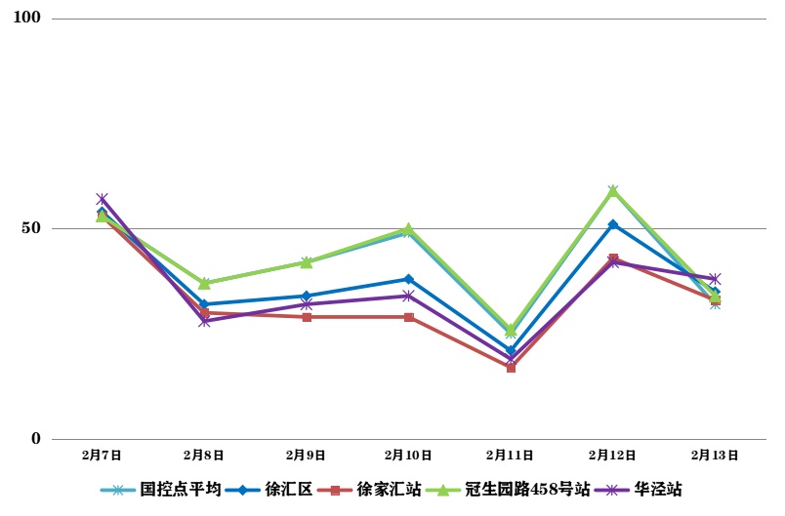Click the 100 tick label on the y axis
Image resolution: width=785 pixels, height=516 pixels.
coord(27,19)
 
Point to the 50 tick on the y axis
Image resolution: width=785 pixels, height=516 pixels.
coord(32,228)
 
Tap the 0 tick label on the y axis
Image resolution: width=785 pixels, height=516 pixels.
coord(36,439)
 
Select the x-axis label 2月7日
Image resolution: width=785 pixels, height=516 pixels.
coord(102,455)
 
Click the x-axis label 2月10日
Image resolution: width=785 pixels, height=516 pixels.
coord(408,455)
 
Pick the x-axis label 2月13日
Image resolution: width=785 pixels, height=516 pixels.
coord(715,455)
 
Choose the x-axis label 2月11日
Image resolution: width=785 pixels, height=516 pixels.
coord(511,455)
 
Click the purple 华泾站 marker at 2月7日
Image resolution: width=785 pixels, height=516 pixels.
coord(102,199)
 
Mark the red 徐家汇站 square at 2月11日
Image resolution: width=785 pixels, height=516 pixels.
coord(511,368)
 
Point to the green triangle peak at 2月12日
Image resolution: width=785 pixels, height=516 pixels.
coord(613,191)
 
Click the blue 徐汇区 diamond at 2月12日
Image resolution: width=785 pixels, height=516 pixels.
coord(613,224)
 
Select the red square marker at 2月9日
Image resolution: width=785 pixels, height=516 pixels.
coord(307,317)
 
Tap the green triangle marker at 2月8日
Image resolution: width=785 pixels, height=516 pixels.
coord(204,283)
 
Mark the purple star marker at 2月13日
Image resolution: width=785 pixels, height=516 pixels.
coord(715,279)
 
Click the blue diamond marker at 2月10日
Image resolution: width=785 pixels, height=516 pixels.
coord(408,279)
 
